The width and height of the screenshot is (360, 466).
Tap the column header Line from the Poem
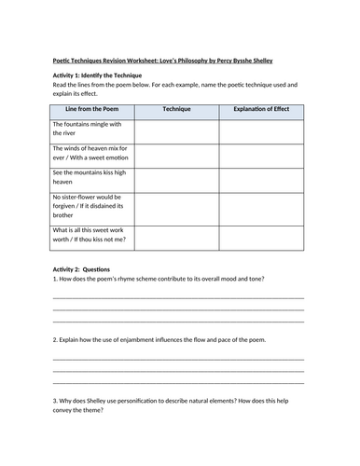[x=91, y=109]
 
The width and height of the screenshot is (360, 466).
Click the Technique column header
[x=176, y=109]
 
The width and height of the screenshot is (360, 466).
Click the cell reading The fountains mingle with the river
[x=91, y=131]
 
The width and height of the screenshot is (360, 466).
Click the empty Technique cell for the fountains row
[x=176, y=131]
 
